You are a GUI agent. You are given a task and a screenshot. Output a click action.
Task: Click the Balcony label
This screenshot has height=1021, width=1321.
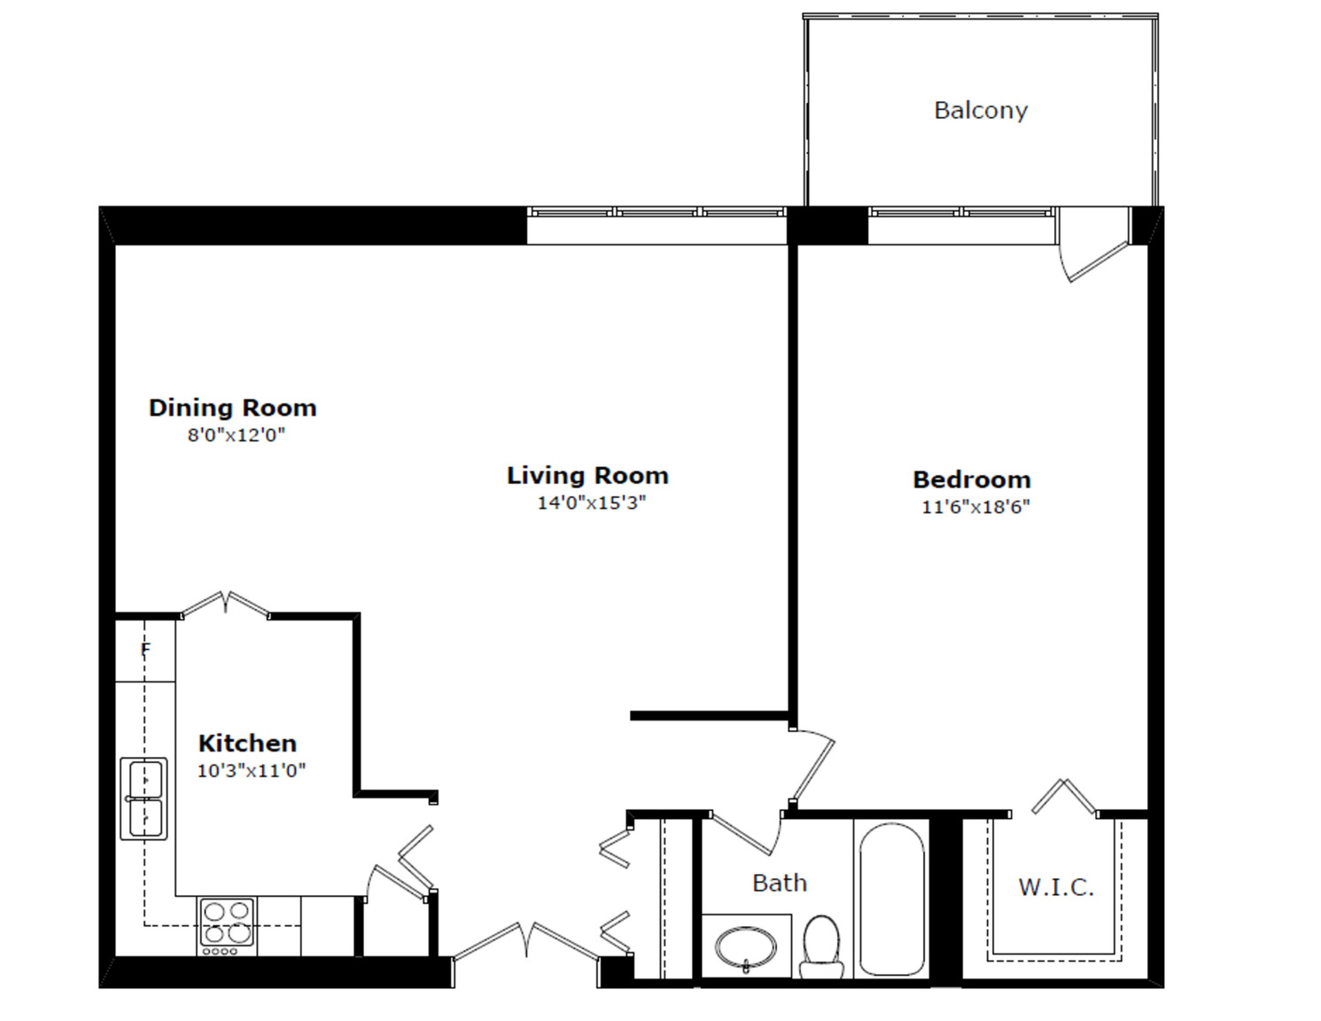(981, 111)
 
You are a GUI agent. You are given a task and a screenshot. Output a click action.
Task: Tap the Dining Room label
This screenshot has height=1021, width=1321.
(233, 408)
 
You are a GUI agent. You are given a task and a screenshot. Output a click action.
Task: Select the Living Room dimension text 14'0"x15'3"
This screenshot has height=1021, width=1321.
(592, 503)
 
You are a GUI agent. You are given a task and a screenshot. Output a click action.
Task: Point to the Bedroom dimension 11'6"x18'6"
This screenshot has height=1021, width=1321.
(975, 507)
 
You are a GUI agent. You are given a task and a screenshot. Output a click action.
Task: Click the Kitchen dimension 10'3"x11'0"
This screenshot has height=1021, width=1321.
(251, 770)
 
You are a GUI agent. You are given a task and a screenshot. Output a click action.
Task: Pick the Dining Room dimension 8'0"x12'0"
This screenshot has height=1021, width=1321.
(237, 435)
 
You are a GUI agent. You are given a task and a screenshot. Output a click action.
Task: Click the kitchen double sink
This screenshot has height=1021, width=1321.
(144, 799)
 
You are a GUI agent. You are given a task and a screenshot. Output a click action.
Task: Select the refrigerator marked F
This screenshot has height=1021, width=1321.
(145, 651)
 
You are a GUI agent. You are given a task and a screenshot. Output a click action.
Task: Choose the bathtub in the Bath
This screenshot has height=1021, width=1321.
(892, 900)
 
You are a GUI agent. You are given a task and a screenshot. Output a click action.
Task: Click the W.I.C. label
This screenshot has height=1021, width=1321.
(1057, 888)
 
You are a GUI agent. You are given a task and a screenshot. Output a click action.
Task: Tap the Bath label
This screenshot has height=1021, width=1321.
(780, 883)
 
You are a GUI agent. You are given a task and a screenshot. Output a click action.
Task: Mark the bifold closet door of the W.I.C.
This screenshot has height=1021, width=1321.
(1064, 797)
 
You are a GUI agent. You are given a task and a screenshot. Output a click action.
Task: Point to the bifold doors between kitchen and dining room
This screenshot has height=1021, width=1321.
(226, 604)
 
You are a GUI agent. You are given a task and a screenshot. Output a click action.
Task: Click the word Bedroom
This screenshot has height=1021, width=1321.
(971, 479)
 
